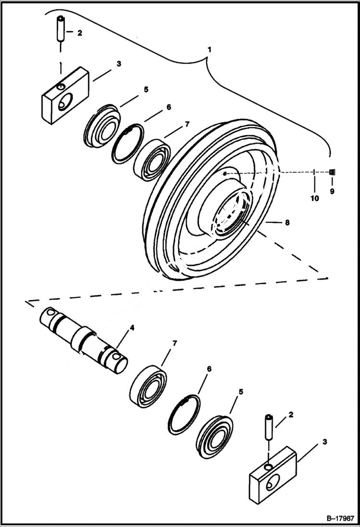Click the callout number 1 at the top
point(209,49)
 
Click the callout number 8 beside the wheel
point(287,222)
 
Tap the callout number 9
point(332,191)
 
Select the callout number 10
point(314,198)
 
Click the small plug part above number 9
point(332,172)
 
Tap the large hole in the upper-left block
point(65,102)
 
